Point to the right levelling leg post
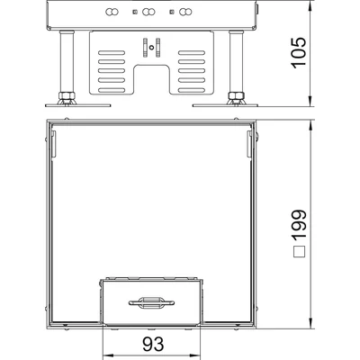(235, 62)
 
